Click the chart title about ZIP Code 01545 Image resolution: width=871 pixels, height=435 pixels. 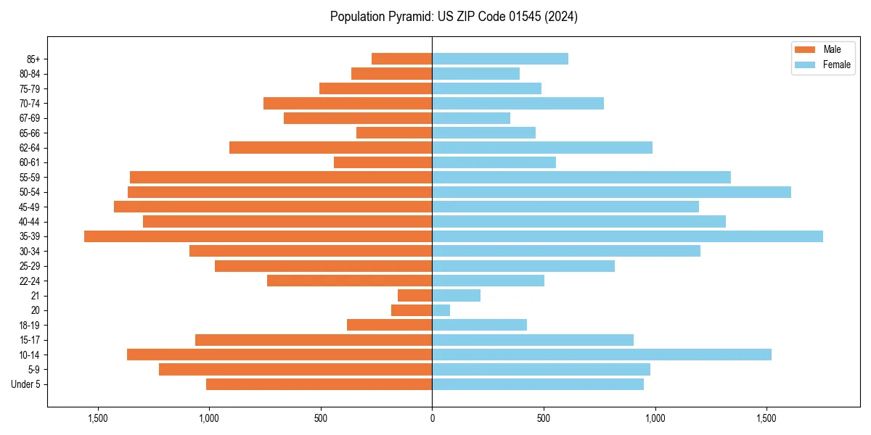pyautogui.click(x=454, y=17)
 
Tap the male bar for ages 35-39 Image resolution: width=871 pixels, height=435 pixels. pyautogui.click(x=258, y=236)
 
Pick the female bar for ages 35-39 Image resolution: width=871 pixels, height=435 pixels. pyautogui.click(x=627, y=236)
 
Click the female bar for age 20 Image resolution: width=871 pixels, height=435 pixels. pyautogui.click(x=441, y=310)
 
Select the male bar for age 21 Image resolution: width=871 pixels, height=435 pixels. pyautogui.click(x=415, y=296)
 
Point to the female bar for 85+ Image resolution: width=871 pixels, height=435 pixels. pyautogui.click(x=500, y=59)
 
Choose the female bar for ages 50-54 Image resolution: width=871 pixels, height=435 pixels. pyautogui.click(x=611, y=192)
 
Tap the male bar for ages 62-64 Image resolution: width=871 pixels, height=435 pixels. pyautogui.click(x=330, y=148)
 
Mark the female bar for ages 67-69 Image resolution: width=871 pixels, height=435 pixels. pyautogui.click(x=471, y=118)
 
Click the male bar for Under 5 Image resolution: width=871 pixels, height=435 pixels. pyautogui.click(x=319, y=384)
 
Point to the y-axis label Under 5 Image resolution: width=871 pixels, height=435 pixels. pyautogui.click(x=26, y=384)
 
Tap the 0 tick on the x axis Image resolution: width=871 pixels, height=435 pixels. pyautogui.click(x=432, y=418)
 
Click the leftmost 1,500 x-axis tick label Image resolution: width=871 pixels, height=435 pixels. pyautogui.click(x=97, y=418)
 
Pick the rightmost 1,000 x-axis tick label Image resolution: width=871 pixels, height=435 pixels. pyautogui.click(x=655, y=418)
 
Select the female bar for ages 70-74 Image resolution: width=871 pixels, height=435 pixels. pyautogui.click(x=518, y=103)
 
